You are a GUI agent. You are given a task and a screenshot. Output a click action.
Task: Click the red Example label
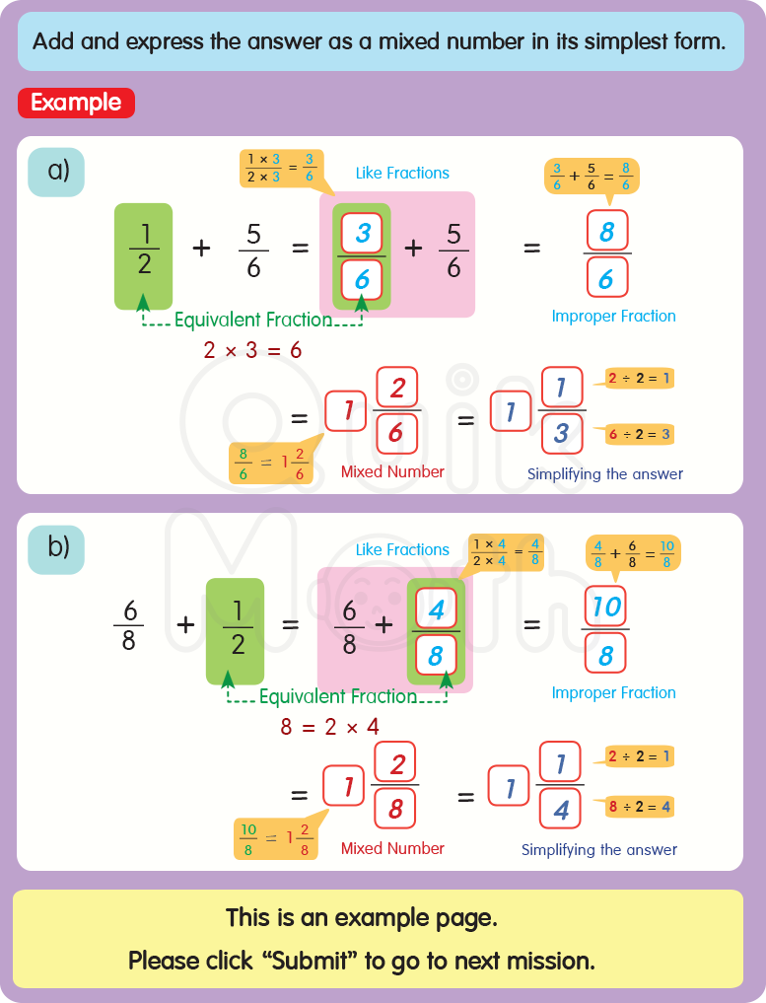[x=76, y=103]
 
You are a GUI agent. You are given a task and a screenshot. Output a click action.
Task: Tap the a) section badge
[x=56, y=171]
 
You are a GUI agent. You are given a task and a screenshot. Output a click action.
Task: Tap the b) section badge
[x=56, y=545]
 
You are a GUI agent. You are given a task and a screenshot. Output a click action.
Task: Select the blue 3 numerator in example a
[x=363, y=233]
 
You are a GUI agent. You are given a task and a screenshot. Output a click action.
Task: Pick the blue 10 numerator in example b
[x=606, y=607]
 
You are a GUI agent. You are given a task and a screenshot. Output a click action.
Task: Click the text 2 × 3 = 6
[x=251, y=350]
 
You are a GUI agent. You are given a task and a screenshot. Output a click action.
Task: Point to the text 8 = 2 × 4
[x=331, y=728]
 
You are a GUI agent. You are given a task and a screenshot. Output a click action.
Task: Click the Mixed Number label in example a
[x=392, y=471]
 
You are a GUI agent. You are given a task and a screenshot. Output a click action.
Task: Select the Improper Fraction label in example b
[x=613, y=692]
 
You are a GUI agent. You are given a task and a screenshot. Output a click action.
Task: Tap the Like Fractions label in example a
[x=402, y=173]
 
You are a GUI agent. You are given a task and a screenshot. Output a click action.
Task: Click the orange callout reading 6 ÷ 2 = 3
[x=640, y=434]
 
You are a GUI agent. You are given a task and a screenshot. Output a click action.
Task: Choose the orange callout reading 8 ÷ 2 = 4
[x=640, y=807]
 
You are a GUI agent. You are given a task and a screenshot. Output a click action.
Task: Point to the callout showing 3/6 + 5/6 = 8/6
[x=592, y=176]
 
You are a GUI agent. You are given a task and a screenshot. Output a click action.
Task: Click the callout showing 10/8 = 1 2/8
[x=276, y=838]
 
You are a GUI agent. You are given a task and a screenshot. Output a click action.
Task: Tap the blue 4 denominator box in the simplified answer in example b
[x=561, y=811]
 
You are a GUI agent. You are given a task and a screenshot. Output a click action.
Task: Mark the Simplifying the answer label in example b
[x=599, y=849]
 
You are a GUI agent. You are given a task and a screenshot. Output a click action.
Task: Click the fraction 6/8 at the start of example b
[x=128, y=624]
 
